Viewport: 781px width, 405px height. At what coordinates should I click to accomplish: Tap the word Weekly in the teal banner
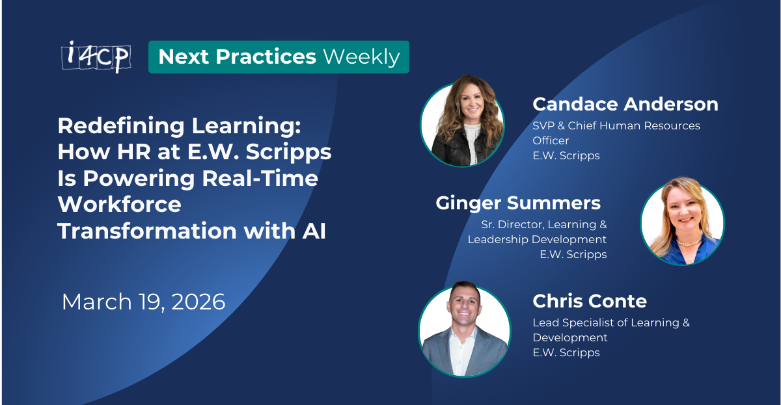tap(361, 57)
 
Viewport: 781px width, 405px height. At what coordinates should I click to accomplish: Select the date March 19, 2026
tap(143, 302)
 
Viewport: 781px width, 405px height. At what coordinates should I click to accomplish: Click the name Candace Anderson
tap(625, 104)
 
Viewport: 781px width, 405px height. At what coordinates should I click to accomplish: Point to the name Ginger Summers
tap(518, 203)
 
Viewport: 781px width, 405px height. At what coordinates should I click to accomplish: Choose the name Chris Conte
tap(590, 301)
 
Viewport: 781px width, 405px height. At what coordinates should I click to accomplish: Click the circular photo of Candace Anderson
tap(463, 124)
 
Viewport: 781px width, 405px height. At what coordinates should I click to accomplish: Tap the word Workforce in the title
tap(119, 204)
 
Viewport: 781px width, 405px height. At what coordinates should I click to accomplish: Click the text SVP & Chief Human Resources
tap(616, 125)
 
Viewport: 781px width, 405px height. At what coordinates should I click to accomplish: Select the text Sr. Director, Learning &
tap(544, 224)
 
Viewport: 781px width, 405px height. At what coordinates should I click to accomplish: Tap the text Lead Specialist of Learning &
tap(611, 322)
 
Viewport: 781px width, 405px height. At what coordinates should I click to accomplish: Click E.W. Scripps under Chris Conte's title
tap(566, 353)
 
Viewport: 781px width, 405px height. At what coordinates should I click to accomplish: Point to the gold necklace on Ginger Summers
tap(689, 242)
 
